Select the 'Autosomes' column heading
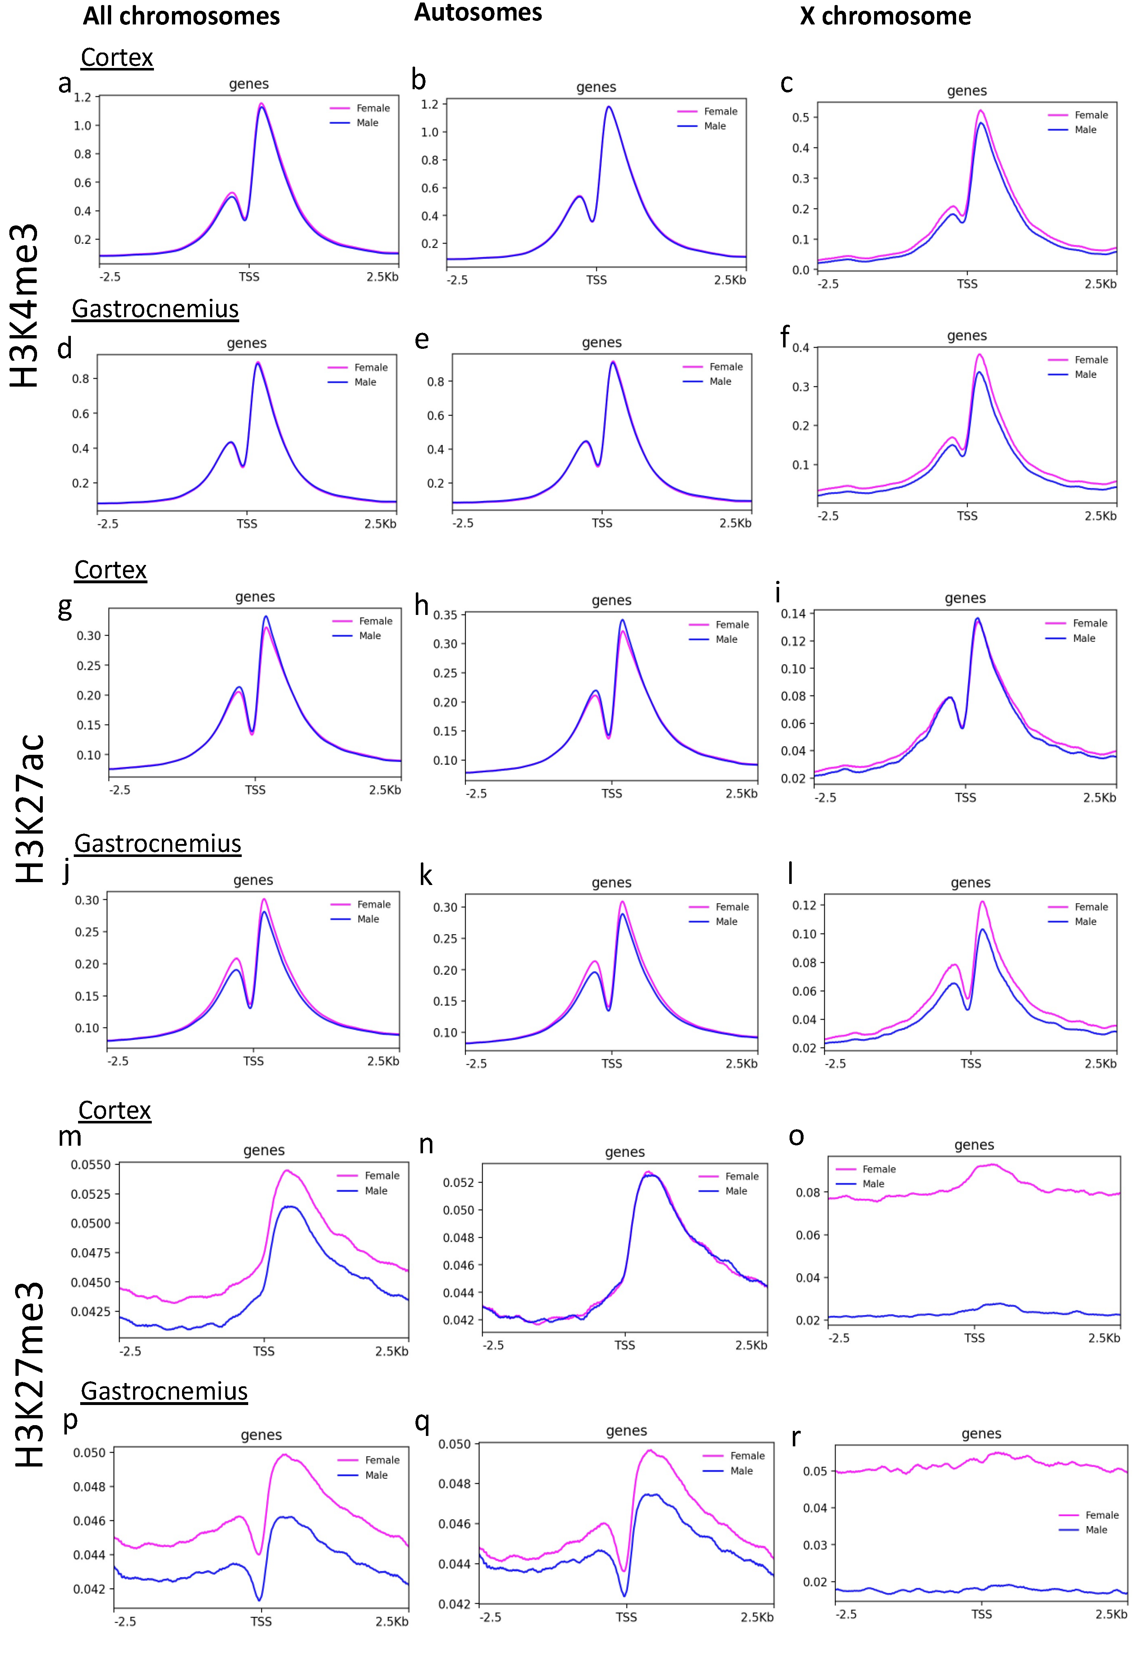point(478,13)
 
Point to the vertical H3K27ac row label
point(30,809)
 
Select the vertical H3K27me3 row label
point(30,1375)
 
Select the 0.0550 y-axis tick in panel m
point(91,1165)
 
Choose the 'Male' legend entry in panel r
point(1096,1530)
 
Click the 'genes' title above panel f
point(967,336)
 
